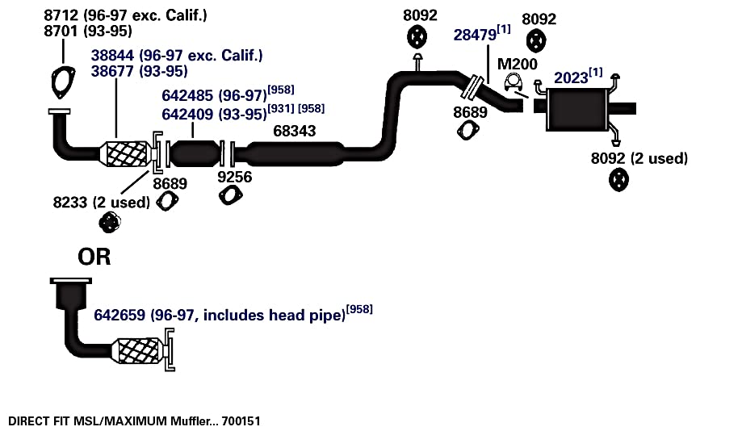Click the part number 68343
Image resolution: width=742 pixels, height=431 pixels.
pyautogui.click(x=295, y=131)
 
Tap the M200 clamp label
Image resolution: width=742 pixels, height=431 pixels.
pyautogui.click(x=518, y=64)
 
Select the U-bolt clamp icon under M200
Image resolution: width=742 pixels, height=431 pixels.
pyautogui.click(x=513, y=82)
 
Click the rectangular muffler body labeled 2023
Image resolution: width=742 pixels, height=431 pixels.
pyautogui.click(x=576, y=108)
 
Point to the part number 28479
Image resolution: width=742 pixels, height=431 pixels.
pyautogui.click(x=475, y=35)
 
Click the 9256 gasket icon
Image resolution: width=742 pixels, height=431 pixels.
pyautogui.click(x=230, y=195)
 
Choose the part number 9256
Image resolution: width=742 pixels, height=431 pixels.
pyautogui.click(x=235, y=177)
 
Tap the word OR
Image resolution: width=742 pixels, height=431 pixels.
pyautogui.click(x=94, y=257)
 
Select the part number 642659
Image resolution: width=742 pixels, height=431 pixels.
pyautogui.click(x=119, y=315)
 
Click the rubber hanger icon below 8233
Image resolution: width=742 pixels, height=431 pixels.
pyautogui.click(x=110, y=222)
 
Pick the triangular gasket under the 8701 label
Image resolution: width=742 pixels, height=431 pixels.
pyautogui.click(x=64, y=82)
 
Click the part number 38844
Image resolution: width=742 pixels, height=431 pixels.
pyautogui.click(x=112, y=56)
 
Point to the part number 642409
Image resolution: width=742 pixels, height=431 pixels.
pyautogui.click(x=187, y=114)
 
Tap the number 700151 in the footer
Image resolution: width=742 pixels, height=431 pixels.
pyautogui.click(x=241, y=421)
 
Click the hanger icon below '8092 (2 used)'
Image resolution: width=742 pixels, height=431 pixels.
pyautogui.click(x=618, y=180)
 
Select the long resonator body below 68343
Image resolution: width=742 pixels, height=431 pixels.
pyautogui.click(x=296, y=154)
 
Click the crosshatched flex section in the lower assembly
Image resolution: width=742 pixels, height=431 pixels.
pyautogui.click(x=138, y=351)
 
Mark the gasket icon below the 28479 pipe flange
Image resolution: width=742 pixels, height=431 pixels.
pyautogui.click(x=468, y=130)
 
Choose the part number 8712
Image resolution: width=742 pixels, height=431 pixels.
pyautogui.click(x=61, y=15)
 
